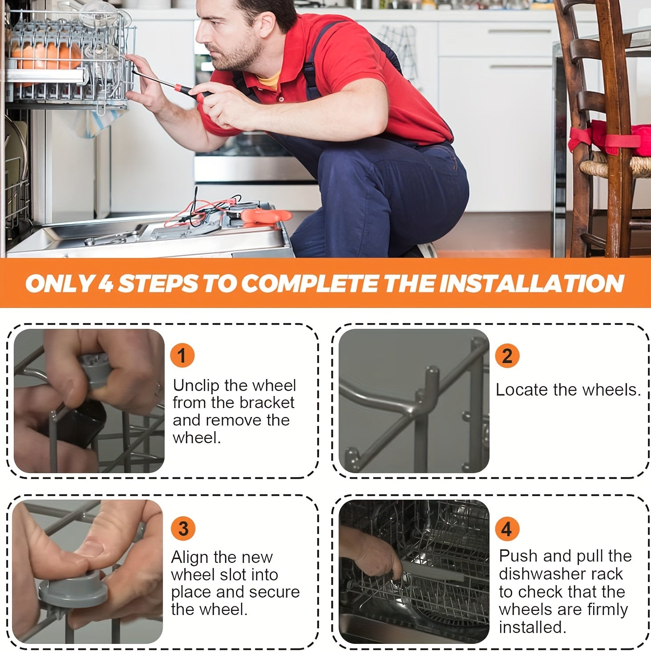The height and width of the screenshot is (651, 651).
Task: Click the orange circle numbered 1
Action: pyautogui.click(x=182, y=356)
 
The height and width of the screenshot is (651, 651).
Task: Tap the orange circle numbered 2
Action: pyautogui.click(x=507, y=356)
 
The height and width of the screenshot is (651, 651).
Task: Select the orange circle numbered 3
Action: pyautogui.click(x=183, y=528)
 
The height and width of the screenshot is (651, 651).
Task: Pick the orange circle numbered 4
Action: pyautogui.click(x=507, y=529)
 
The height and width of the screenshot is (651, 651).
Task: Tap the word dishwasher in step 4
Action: pyautogui.click(x=561, y=574)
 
